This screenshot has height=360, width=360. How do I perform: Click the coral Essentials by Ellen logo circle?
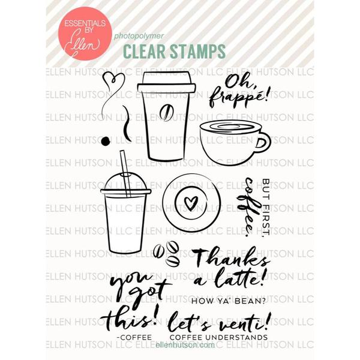[x=85, y=34]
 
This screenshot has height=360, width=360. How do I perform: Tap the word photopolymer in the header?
[x=139, y=36]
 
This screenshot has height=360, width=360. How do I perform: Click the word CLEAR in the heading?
[x=144, y=52]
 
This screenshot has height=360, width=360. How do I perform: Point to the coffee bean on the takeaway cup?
[x=165, y=113]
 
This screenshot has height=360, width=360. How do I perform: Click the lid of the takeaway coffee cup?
[x=167, y=82]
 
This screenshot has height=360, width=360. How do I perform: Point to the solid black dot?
[x=106, y=141]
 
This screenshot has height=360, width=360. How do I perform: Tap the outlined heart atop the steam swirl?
[x=113, y=81]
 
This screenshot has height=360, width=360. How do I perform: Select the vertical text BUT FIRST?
[x=266, y=207]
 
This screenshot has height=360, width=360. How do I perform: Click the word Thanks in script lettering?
[x=231, y=258]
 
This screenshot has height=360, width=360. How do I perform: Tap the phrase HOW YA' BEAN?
[x=228, y=301]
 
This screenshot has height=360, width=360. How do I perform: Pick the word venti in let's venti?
[x=244, y=322]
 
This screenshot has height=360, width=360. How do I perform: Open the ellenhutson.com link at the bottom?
[x=185, y=345]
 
